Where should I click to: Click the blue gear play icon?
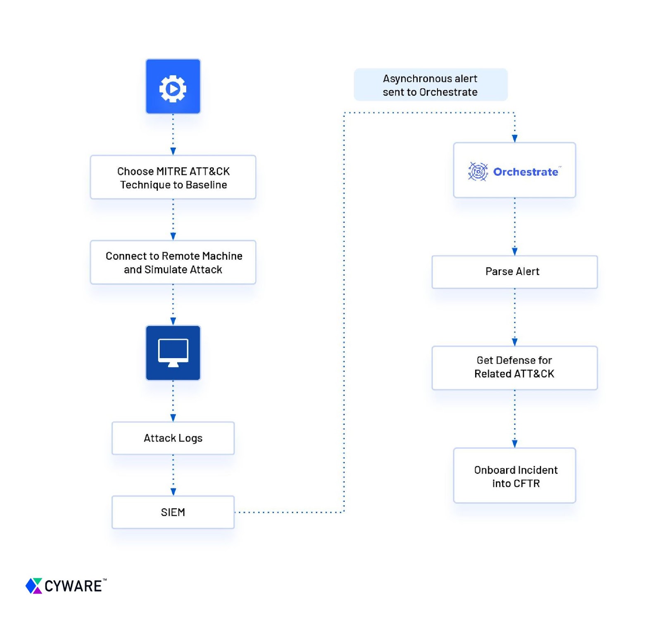coord(173,86)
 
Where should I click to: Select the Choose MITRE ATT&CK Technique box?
coord(173,177)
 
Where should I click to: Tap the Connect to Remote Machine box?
coord(173,262)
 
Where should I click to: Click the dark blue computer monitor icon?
coord(173,353)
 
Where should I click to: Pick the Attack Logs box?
coord(173,438)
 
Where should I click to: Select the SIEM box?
coord(173,512)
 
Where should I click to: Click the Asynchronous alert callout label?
coord(430,85)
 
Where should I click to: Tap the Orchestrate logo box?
coord(514,170)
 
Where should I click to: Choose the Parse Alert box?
coord(514,272)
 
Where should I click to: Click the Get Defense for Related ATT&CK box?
coord(514,368)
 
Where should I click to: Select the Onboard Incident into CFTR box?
coord(514,475)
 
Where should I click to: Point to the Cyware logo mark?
coord(34,586)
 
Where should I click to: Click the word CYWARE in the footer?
coord(73,586)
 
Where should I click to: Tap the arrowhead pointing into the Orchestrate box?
coord(515,138)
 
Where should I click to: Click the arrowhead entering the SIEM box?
coord(173,492)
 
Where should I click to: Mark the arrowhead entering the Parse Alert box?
coord(515,251)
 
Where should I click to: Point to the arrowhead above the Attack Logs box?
coord(173,418)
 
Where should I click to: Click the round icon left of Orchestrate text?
coord(478,172)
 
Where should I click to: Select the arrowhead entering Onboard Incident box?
coord(515,444)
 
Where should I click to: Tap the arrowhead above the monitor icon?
coord(173,321)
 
